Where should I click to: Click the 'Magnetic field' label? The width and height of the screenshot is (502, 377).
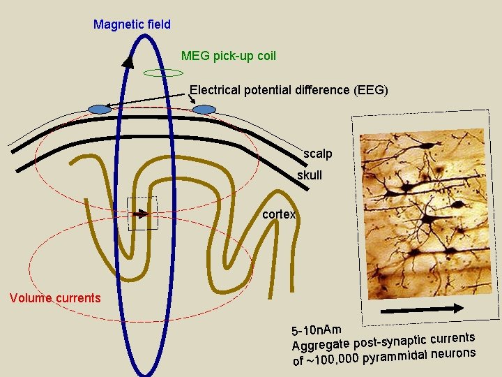click(132, 24)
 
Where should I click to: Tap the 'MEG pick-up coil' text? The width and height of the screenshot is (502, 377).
click(229, 55)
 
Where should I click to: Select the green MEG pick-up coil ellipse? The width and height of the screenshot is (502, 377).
click(162, 73)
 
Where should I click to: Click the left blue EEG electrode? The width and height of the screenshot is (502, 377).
click(100, 109)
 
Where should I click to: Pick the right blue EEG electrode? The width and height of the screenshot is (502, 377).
click(204, 109)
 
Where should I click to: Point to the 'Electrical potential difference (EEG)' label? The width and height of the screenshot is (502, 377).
click(289, 90)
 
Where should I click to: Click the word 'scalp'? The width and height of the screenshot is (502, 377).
click(318, 153)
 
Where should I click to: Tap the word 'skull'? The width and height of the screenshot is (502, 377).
click(310, 175)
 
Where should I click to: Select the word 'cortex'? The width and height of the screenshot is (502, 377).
click(279, 214)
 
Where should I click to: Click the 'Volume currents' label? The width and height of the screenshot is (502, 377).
click(55, 298)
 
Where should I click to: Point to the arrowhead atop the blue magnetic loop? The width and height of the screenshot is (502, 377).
click(128, 61)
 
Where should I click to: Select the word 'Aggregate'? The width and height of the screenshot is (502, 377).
click(320, 345)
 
